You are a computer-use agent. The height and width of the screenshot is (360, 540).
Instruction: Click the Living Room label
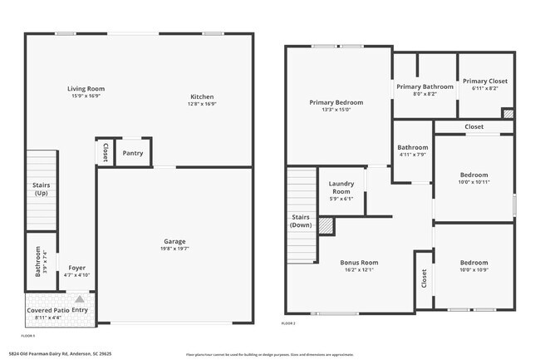86,88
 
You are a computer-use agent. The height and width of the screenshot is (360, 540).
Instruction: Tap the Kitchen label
203,96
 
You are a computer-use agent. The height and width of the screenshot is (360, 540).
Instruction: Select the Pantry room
133,153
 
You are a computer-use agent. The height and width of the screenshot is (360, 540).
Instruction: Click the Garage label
174,242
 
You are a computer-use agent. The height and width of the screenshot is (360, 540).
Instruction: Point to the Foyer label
77,268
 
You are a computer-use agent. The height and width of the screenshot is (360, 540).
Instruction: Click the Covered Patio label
47,309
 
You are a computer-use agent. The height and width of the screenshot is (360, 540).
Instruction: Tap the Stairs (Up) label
41,190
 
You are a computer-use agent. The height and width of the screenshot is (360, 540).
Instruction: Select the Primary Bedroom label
336,102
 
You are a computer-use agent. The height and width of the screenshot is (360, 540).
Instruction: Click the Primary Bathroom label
425,86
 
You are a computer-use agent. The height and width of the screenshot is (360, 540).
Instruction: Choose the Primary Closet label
484,81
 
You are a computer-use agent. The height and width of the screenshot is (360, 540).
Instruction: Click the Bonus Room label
359,263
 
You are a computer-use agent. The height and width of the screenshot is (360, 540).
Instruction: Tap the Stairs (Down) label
300,221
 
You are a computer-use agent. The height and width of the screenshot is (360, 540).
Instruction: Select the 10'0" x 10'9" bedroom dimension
474,269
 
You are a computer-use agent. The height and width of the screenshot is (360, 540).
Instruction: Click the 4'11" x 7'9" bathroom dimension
412,155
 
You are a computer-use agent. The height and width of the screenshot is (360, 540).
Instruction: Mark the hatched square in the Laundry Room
326,225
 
